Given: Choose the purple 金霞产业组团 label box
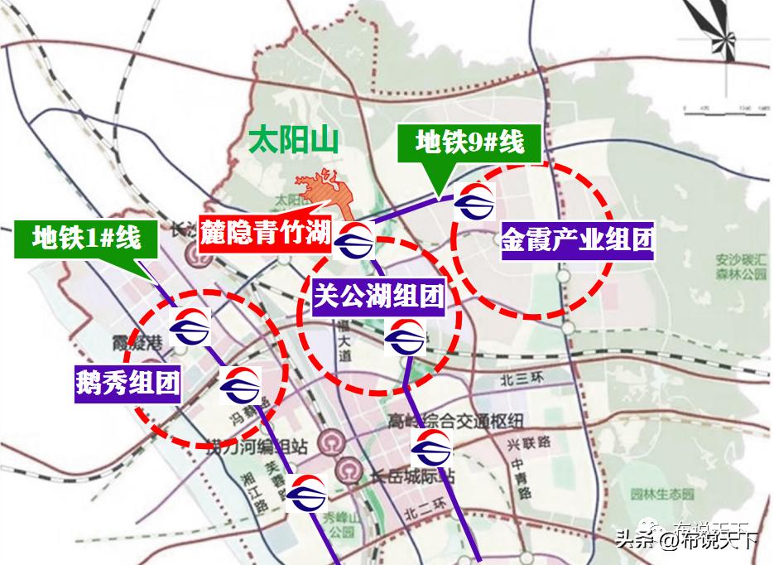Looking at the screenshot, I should click(x=577, y=241).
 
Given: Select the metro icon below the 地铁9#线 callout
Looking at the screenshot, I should click(x=475, y=201).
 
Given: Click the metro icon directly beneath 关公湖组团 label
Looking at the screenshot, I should click(x=406, y=337).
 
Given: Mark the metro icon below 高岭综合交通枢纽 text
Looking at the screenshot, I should click(x=432, y=447).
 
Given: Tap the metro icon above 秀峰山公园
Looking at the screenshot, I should click(x=307, y=494).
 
